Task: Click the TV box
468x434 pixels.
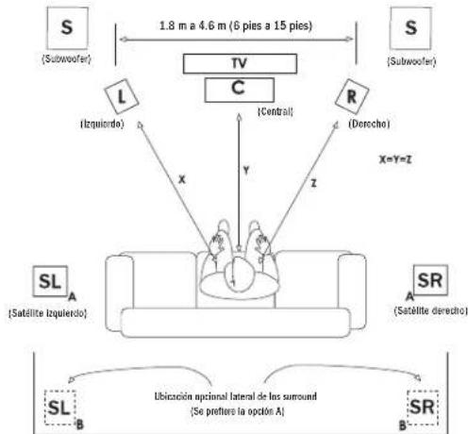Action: (240, 64)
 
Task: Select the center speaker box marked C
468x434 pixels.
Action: (240, 90)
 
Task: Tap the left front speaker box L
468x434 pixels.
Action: (122, 96)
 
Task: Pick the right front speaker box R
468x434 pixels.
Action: (352, 96)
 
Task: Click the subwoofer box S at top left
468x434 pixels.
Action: (67, 28)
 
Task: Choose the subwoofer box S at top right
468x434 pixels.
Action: (410, 28)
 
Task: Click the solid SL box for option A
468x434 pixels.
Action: (50, 281)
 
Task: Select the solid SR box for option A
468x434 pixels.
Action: (430, 280)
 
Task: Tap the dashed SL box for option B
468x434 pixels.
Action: (60, 408)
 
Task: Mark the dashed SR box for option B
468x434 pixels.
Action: (423, 408)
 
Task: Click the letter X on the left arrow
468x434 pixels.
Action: (182, 180)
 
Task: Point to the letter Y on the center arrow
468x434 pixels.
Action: (246, 171)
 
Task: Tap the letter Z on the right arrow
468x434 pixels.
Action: (313, 183)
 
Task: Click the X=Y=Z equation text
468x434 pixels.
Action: (395, 159)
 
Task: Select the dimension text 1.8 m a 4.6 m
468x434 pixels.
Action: (192, 25)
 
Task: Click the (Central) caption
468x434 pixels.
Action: (276, 111)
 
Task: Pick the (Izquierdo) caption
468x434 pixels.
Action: (103, 124)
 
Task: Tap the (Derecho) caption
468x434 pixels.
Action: (369, 124)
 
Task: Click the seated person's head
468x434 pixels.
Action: (239, 273)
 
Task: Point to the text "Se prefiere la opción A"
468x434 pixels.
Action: (238, 411)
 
